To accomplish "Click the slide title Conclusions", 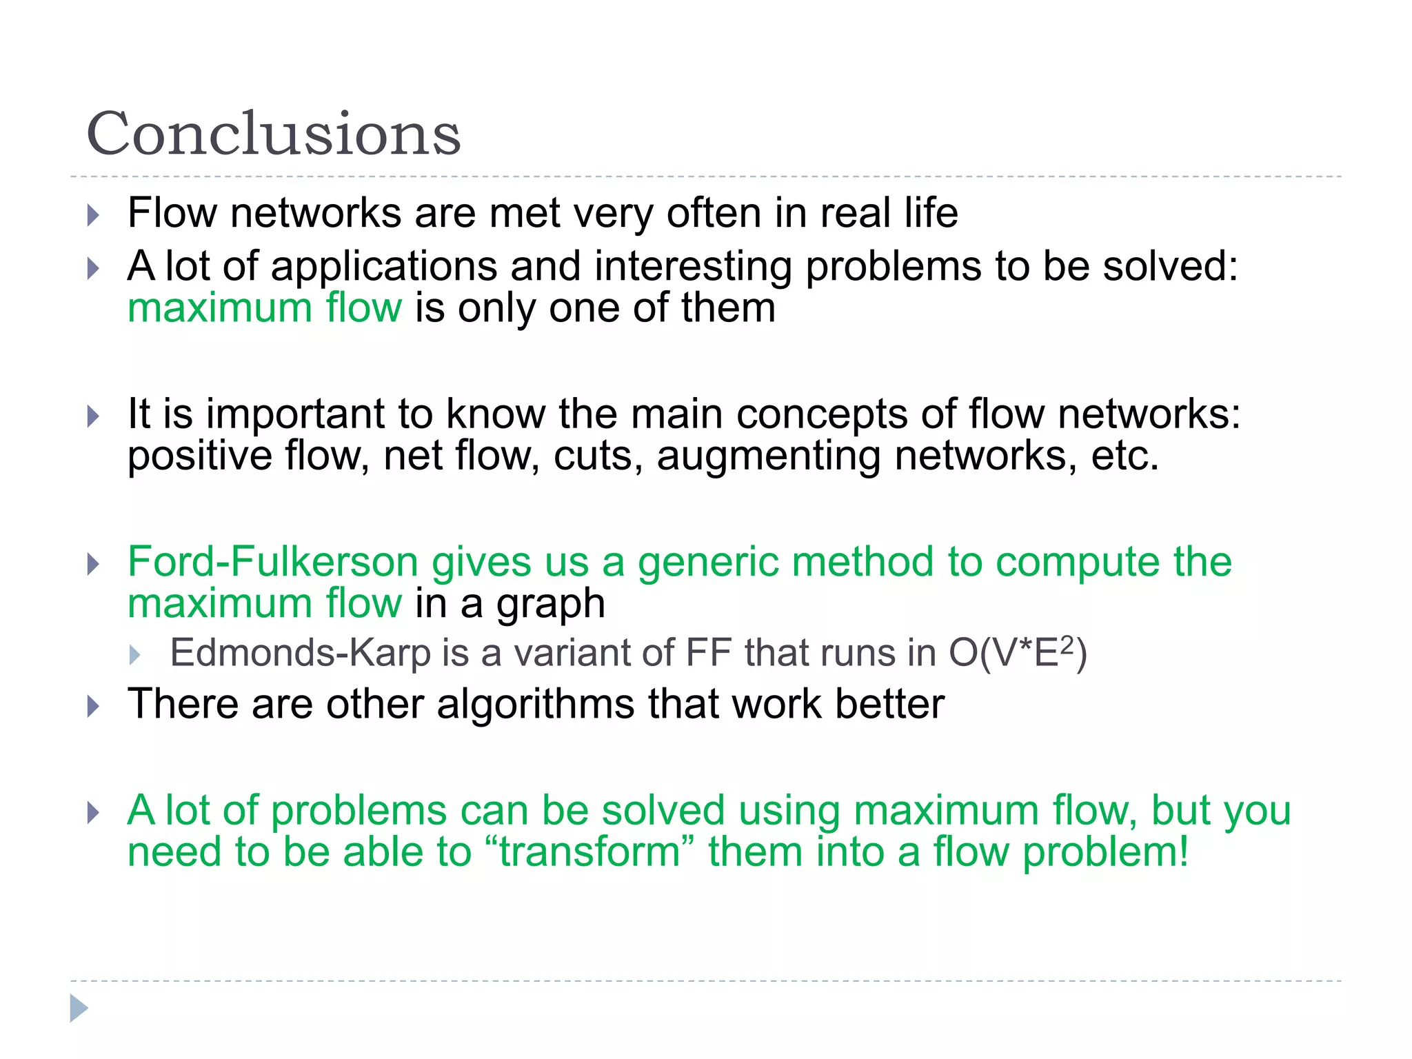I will pyautogui.click(x=273, y=133).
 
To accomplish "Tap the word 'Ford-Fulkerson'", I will pyautogui.click(x=272, y=561).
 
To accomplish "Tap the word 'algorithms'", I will pyautogui.click(x=536, y=704).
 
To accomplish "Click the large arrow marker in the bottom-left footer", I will pyautogui.click(x=79, y=1009).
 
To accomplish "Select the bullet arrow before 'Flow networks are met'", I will pyautogui.click(x=94, y=216).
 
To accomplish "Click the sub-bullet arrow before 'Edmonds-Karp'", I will pyautogui.click(x=135, y=655).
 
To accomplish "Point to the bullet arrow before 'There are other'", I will pyautogui.click(x=94, y=707).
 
